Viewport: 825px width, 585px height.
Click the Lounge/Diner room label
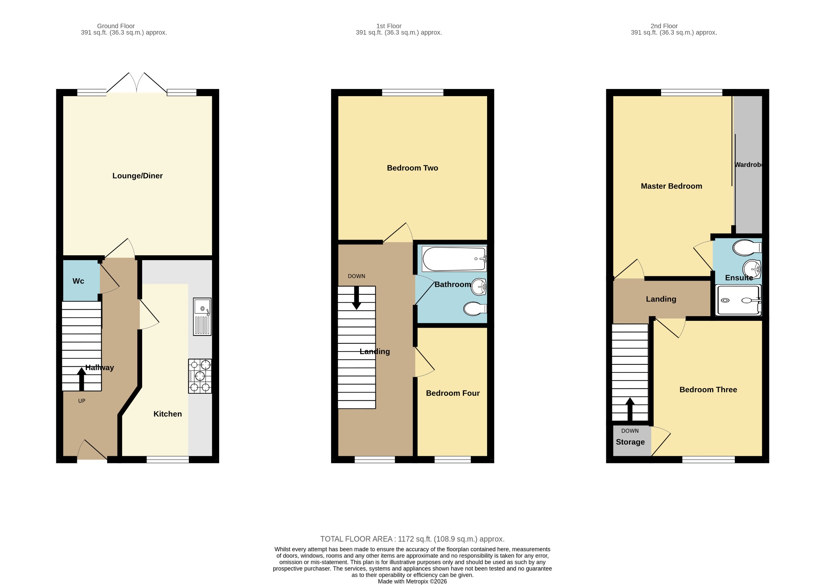coord(137,176)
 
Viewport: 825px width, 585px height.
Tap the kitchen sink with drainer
coord(202,316)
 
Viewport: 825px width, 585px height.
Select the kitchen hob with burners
coord(200,376)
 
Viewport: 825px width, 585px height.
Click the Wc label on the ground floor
coord(78,281)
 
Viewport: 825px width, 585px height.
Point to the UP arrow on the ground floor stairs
coord(81,379)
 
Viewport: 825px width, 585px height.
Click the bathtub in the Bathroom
coord(454,259)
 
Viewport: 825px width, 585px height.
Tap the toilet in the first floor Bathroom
coord(475,309)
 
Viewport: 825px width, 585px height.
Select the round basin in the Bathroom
coord(479,287)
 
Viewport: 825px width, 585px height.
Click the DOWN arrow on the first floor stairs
coord(357,298)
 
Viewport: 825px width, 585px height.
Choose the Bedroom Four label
coord(453,393)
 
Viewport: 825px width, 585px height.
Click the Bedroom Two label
coord(412,168)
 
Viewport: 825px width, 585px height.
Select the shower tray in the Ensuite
coord(738,300)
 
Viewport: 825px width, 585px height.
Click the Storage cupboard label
coord(630,442)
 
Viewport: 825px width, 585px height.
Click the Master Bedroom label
coord(671,186)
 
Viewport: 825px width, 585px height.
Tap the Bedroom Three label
coord(708,390)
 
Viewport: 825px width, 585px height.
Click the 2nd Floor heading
coord(664,26)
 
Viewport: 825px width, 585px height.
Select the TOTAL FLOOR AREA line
coord(412,539)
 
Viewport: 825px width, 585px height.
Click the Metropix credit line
coord(412,581)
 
